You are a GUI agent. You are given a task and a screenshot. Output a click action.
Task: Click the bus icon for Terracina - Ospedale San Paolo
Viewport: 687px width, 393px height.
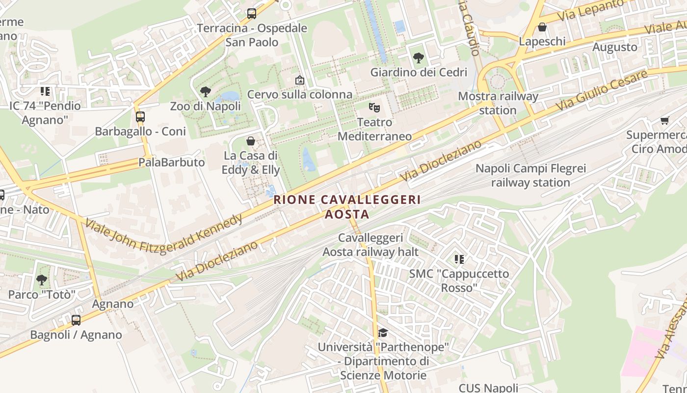tap(252, 14)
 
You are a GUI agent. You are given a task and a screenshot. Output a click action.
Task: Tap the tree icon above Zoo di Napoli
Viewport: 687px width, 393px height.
tap(205, 91)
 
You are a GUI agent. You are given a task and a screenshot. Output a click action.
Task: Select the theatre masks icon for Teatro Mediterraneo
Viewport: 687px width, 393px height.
tap(374, 107)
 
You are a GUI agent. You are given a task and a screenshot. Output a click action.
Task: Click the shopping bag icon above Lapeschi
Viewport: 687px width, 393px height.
tap(542, 27)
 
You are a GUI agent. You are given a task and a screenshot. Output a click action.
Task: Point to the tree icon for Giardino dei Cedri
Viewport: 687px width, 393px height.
tap(419, 58)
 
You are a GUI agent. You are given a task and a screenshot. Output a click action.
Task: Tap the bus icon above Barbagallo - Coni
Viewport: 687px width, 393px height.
tap(140, 117)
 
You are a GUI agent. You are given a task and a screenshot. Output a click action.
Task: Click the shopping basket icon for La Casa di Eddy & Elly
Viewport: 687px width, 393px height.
tap(251, 141)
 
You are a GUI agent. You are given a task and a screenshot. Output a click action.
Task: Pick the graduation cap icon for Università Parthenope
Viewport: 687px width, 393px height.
tap(383, 333)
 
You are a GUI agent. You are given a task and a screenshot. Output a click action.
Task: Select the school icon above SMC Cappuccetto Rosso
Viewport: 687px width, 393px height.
tap(459, 259)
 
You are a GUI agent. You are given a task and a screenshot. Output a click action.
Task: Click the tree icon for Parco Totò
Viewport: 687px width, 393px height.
tap(42, 280)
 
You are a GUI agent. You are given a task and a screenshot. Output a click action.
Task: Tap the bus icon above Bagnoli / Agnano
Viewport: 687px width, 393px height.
tap(76, 320)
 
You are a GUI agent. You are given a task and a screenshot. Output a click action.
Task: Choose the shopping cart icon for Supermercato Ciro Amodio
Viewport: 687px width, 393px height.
tap(665, 120)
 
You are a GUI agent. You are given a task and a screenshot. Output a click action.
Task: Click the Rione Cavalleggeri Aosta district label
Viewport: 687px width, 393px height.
tap(347, 207)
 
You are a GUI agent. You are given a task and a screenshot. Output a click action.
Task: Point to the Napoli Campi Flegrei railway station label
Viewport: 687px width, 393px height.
tap(530, 176)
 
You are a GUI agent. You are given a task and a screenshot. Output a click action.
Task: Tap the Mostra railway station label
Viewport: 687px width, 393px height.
tap(498, 103)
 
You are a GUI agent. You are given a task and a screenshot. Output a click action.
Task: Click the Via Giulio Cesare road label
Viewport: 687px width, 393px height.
tap(601, 91)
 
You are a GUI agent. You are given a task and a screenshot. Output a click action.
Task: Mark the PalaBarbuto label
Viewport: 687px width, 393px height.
tap(171, 162)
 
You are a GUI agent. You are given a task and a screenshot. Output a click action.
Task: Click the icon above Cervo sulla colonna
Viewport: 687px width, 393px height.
tap(300, 80)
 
